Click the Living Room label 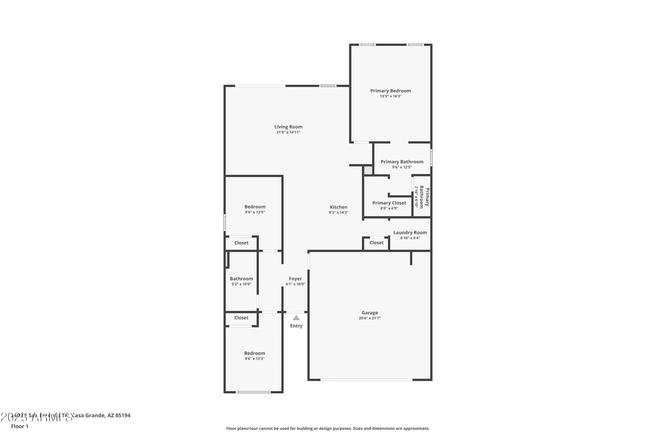288,127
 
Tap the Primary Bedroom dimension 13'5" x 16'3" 391,96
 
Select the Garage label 370,313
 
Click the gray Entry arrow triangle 296,318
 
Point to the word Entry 296,326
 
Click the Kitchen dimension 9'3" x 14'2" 338,212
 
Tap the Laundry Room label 410,232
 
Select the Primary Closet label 389,203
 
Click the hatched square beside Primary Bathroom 368,170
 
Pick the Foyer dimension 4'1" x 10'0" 295,284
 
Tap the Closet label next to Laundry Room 376,243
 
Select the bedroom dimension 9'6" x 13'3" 255,359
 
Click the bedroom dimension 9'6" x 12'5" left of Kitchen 255,212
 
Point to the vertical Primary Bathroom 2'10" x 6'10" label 421,197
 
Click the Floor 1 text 20,426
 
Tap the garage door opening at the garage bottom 366,380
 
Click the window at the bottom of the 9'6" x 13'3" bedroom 253,392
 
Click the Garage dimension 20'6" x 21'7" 370,318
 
